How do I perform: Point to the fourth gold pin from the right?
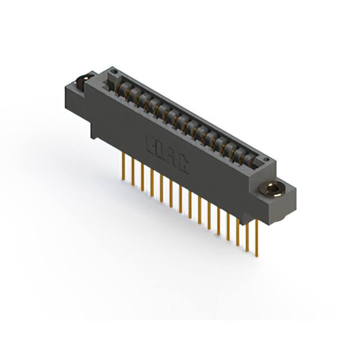point(228,225)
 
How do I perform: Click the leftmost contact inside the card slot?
point(120,86)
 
